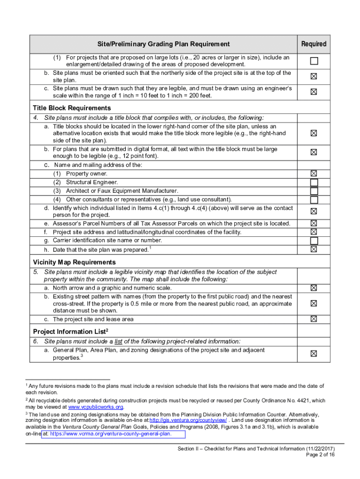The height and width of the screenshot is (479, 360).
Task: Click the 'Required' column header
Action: pyautogui.click(x=314, y=44)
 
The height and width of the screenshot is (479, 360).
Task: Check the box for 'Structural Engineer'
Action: pyautogui.click(x=314, y=182)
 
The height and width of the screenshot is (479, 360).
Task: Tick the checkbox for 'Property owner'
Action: pyautogui.click(x=314, y=174)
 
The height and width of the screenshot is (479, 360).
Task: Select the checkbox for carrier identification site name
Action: pyautogui.click(x=314, y=240)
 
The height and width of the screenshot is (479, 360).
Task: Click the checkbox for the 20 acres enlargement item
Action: pyautogui.click(x=314, y=61)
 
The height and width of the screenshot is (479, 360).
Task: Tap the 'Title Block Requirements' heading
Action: pyautogui.click(x=72, y=108)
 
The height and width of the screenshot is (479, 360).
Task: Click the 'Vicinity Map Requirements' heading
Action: pyautogui.click(x=74, y=262)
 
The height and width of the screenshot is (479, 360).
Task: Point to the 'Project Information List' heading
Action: pyautogui.click(x=71, y=332)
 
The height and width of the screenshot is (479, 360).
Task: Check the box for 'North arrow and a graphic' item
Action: pyautogui.click(x=314, y=288)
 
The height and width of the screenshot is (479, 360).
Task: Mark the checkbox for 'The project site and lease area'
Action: pyautogui.click(x=314, y=319)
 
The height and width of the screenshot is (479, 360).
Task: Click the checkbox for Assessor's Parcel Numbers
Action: pyautogui.click(x=314, y=224)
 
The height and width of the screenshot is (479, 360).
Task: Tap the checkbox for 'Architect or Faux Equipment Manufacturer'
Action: pyautogui.click(x=314, y=191)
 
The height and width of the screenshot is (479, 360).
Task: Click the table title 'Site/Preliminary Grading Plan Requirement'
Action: pyautogui.click(x=164, y=44)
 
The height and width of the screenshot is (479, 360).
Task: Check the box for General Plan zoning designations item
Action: pyautogui.click(x=314, y=354)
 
